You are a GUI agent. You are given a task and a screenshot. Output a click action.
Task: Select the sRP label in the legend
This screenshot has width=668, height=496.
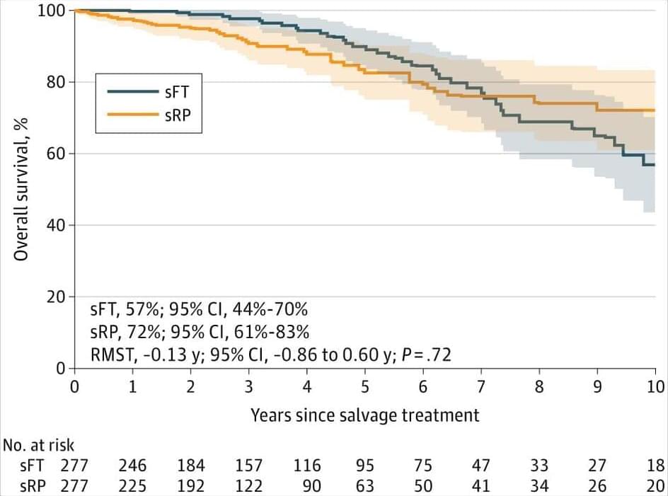(177, 113)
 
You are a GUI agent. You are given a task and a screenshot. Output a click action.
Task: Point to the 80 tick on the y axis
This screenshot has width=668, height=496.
(58, 82)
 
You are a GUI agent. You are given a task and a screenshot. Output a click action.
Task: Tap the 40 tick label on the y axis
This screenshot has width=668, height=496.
(58, 225)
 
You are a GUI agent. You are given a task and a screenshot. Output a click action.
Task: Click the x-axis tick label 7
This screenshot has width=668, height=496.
(481, 387)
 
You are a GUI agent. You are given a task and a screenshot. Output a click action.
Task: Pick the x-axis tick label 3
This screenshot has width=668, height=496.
(248, 387)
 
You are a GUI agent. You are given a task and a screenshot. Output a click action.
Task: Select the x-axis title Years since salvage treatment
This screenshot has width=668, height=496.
(364, 415)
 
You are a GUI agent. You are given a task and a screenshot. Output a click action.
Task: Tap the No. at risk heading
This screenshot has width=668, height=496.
(38, 445)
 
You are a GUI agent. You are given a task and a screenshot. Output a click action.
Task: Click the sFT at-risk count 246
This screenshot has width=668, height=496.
(132, 466)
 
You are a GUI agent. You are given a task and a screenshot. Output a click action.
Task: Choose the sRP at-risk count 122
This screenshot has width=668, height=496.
(248, 486)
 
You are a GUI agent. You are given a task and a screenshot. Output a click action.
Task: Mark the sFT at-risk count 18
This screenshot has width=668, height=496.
(656, 466)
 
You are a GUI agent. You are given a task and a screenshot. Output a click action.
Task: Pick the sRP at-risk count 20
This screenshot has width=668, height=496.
(656, 486)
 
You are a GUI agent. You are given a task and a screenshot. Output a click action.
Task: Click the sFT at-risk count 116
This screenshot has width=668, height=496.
(306, 466)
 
